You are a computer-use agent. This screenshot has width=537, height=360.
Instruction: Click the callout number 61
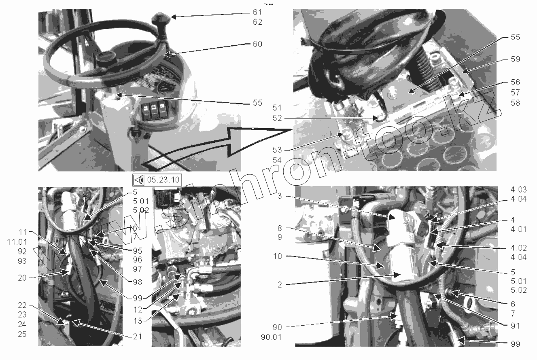tap(257, 12)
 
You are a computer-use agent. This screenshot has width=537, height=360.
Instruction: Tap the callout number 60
tap(257, 44)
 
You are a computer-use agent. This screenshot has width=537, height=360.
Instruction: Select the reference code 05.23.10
tap(163, 180)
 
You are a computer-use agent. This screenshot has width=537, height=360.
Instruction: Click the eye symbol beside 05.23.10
tap(138, 180)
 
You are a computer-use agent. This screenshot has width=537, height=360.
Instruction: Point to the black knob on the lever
tap(160, 19)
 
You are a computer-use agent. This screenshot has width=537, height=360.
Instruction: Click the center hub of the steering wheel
tap(103, 58)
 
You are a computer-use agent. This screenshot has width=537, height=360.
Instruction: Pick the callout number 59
tap(515, 59)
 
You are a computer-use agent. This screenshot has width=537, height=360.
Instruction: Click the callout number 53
tap(277, 150)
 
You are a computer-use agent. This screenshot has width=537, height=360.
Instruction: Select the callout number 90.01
tap(271, 337)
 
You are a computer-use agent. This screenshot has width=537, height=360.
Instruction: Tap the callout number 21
tap(138, 337)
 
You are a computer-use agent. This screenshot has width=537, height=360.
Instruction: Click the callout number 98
tap(138, 282)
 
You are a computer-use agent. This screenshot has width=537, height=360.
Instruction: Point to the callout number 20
tap(22, 278)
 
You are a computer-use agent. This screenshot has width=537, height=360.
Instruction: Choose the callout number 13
tap(138, 321)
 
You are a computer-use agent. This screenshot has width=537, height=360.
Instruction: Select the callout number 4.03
tap(518, 190)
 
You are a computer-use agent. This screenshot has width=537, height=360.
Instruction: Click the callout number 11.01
tap(17, 242)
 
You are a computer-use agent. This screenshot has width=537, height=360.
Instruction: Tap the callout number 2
tap(280, 285)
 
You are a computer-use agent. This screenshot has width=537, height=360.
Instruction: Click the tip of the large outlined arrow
tap(291, 130)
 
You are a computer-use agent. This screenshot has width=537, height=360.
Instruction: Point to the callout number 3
tap(280, 196)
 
